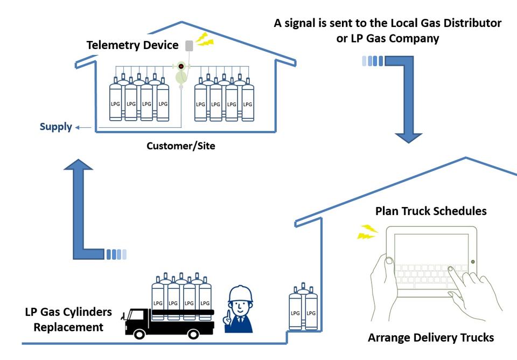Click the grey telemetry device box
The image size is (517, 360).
point(189,45)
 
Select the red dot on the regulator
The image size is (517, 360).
point(181,66)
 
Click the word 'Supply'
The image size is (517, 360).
point(55,127)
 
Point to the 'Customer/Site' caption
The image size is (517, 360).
point(180,146)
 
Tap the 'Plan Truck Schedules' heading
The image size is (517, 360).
point(431,211)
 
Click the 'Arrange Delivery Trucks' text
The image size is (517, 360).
point(431,338)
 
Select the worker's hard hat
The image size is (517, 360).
point(240,293)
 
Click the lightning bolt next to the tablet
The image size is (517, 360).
point(367,232)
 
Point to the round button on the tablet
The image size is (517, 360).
point(472,262)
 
